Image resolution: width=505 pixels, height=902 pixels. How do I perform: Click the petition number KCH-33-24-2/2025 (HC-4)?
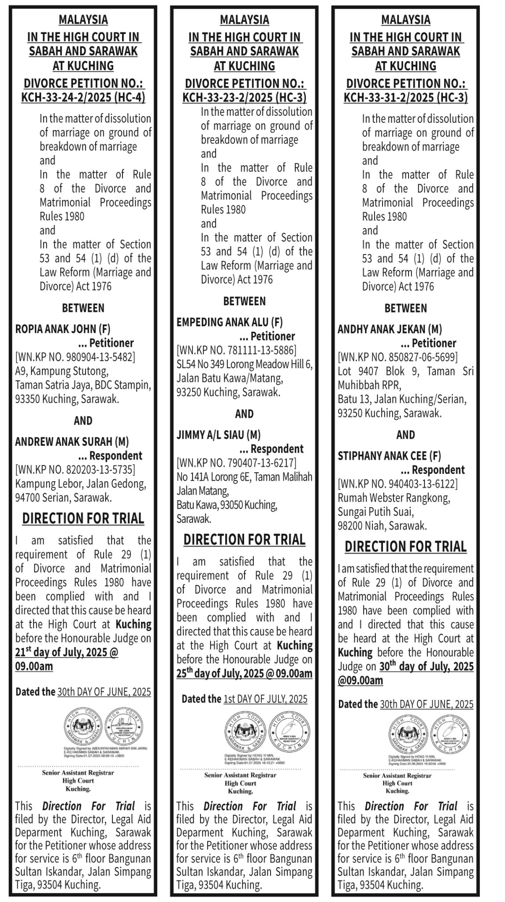coord(83,97)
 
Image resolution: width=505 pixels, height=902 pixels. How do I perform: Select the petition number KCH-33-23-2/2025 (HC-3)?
coord(244,97)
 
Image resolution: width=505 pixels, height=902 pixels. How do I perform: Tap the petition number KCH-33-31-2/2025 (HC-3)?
coord(405,97)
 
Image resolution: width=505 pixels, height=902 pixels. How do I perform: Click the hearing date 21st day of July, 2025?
coord(66,652)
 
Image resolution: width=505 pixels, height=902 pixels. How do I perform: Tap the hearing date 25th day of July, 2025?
coord(244,673)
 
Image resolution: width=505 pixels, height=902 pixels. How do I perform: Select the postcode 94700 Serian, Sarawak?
coord(63,498)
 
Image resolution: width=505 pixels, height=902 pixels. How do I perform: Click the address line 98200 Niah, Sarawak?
coord(382,525)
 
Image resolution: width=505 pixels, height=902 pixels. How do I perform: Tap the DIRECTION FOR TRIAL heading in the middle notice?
coord(244,540)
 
